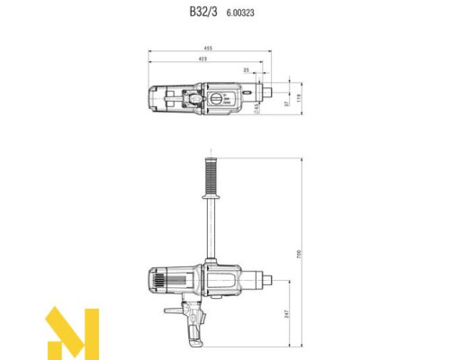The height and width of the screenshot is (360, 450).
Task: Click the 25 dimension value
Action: [x=246, y=69]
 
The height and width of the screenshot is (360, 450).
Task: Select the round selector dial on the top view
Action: [x=216, y=99]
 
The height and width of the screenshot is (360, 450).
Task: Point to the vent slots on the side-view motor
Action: [x=157, y=280]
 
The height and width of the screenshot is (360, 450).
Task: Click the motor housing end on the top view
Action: [x=152, y=100]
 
